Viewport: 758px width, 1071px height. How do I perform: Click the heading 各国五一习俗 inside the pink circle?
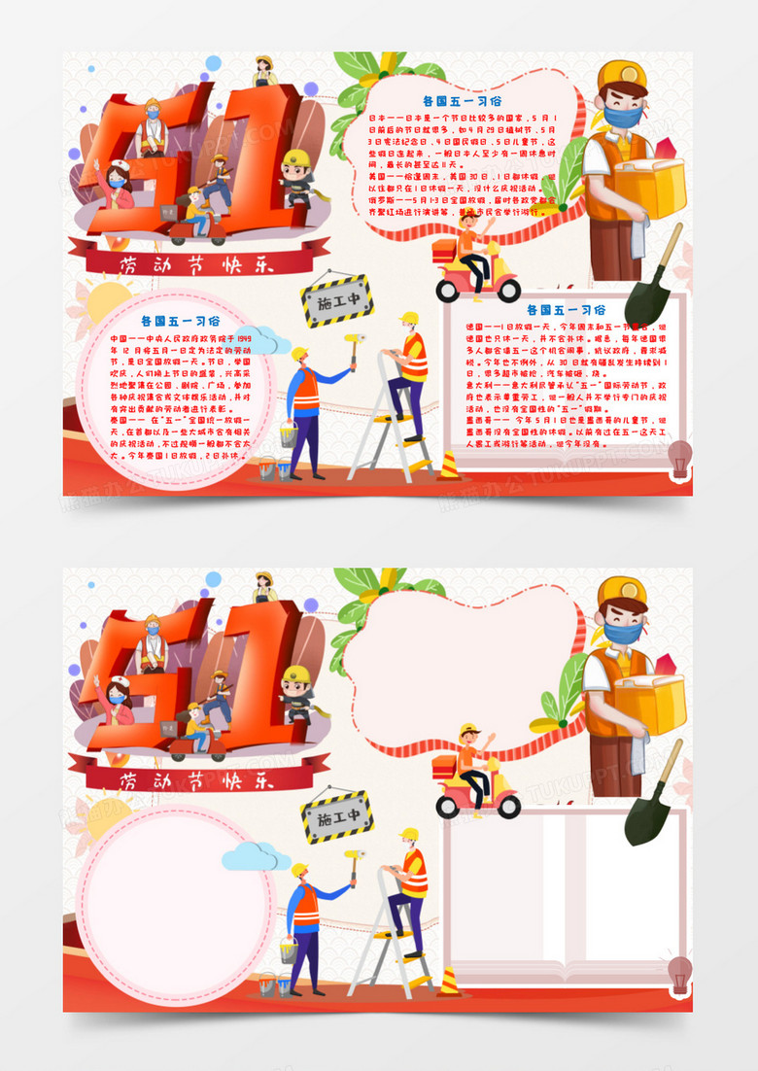[180, 320]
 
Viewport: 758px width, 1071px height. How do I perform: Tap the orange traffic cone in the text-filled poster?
[449, 466]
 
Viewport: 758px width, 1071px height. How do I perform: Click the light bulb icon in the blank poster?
[680, 971]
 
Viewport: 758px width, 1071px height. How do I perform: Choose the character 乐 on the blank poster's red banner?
[262, 779]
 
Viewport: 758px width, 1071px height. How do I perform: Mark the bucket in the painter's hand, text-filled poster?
[289, 436]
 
